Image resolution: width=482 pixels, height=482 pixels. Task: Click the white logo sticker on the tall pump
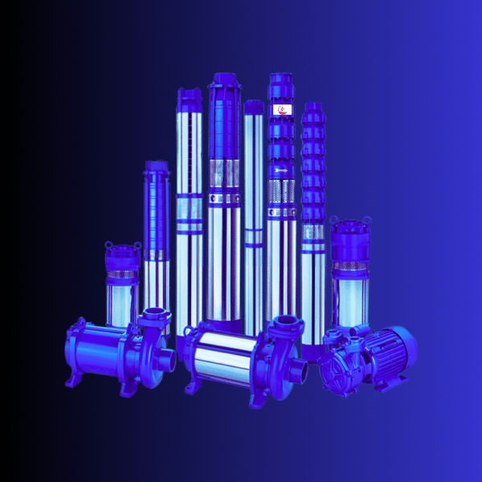[285, 109]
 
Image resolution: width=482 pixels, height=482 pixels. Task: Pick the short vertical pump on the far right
[350, 273]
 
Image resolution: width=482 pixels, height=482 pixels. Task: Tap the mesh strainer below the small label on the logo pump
[284, 193]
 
